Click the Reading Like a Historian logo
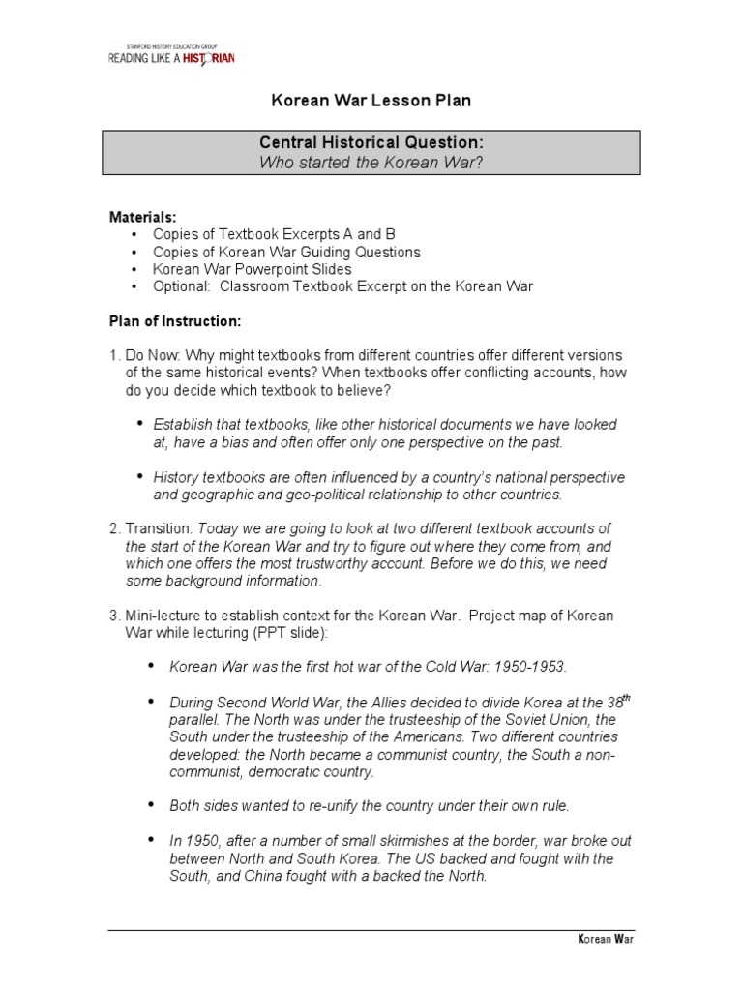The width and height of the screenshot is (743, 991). click(170, 55)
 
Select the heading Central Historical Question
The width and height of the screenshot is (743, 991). click(371, 143)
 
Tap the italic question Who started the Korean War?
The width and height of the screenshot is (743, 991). click(371, 162)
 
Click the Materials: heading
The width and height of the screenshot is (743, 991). click(141, 217)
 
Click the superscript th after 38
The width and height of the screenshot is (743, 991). click(625, 697)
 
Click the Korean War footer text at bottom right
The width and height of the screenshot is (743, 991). click(605, 939)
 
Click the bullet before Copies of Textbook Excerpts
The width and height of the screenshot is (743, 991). click(134, 235)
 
